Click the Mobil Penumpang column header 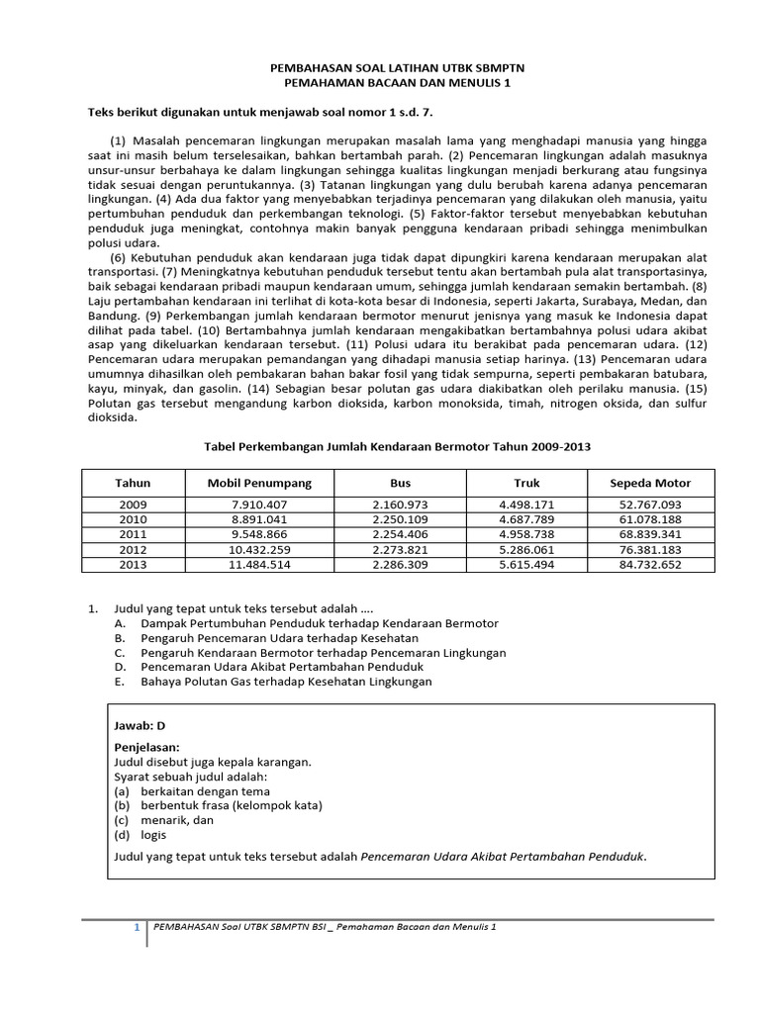[258, 483]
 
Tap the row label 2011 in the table [133, 534]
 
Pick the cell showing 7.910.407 [258, 505]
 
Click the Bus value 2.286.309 [400, 564]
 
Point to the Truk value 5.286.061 [526, 549]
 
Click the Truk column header [526, 483]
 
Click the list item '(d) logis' [142, 834]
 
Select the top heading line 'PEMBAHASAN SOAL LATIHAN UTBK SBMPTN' [398, 67]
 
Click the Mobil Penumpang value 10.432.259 [258, 549]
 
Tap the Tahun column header [133, 483]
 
